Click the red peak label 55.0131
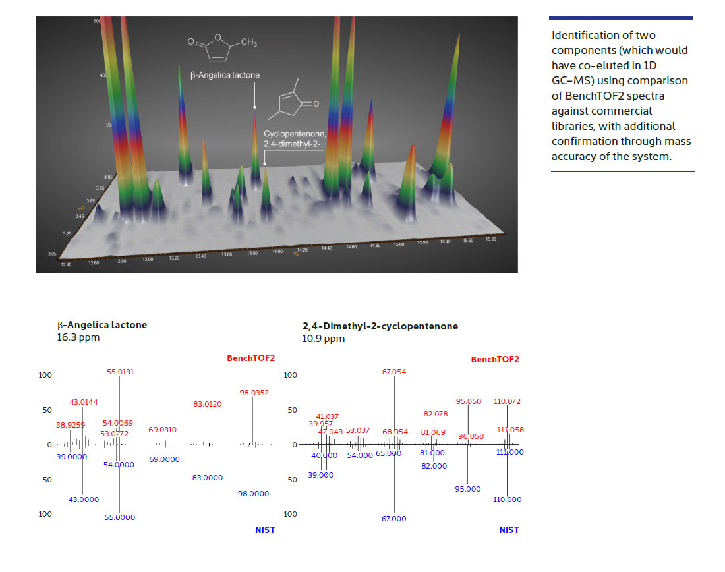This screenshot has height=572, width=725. point(120,372)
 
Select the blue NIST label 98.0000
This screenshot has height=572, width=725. point(253,494)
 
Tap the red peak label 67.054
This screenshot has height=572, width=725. point(394,372)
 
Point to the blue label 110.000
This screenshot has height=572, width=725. point(507,500)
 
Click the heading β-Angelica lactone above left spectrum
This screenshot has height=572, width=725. point(102,325)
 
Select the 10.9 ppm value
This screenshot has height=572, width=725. point(323,339)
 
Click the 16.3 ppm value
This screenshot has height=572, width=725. point(78,337)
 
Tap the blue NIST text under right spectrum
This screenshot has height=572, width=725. point(509,530)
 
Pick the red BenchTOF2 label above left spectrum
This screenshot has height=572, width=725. point(250,358)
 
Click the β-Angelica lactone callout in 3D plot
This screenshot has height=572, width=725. point(225,75)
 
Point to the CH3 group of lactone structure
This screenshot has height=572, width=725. point(248,43)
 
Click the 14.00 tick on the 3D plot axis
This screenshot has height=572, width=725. point(277,252)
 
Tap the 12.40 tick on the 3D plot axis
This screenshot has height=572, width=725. point(65,265)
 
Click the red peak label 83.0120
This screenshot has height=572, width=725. point(207,404)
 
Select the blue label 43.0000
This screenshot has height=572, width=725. point(84,500)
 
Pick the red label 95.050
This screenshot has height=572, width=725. point(469,401)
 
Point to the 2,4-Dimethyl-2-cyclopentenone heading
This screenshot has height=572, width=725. point(380,326)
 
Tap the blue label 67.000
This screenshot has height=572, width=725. point(394,519)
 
